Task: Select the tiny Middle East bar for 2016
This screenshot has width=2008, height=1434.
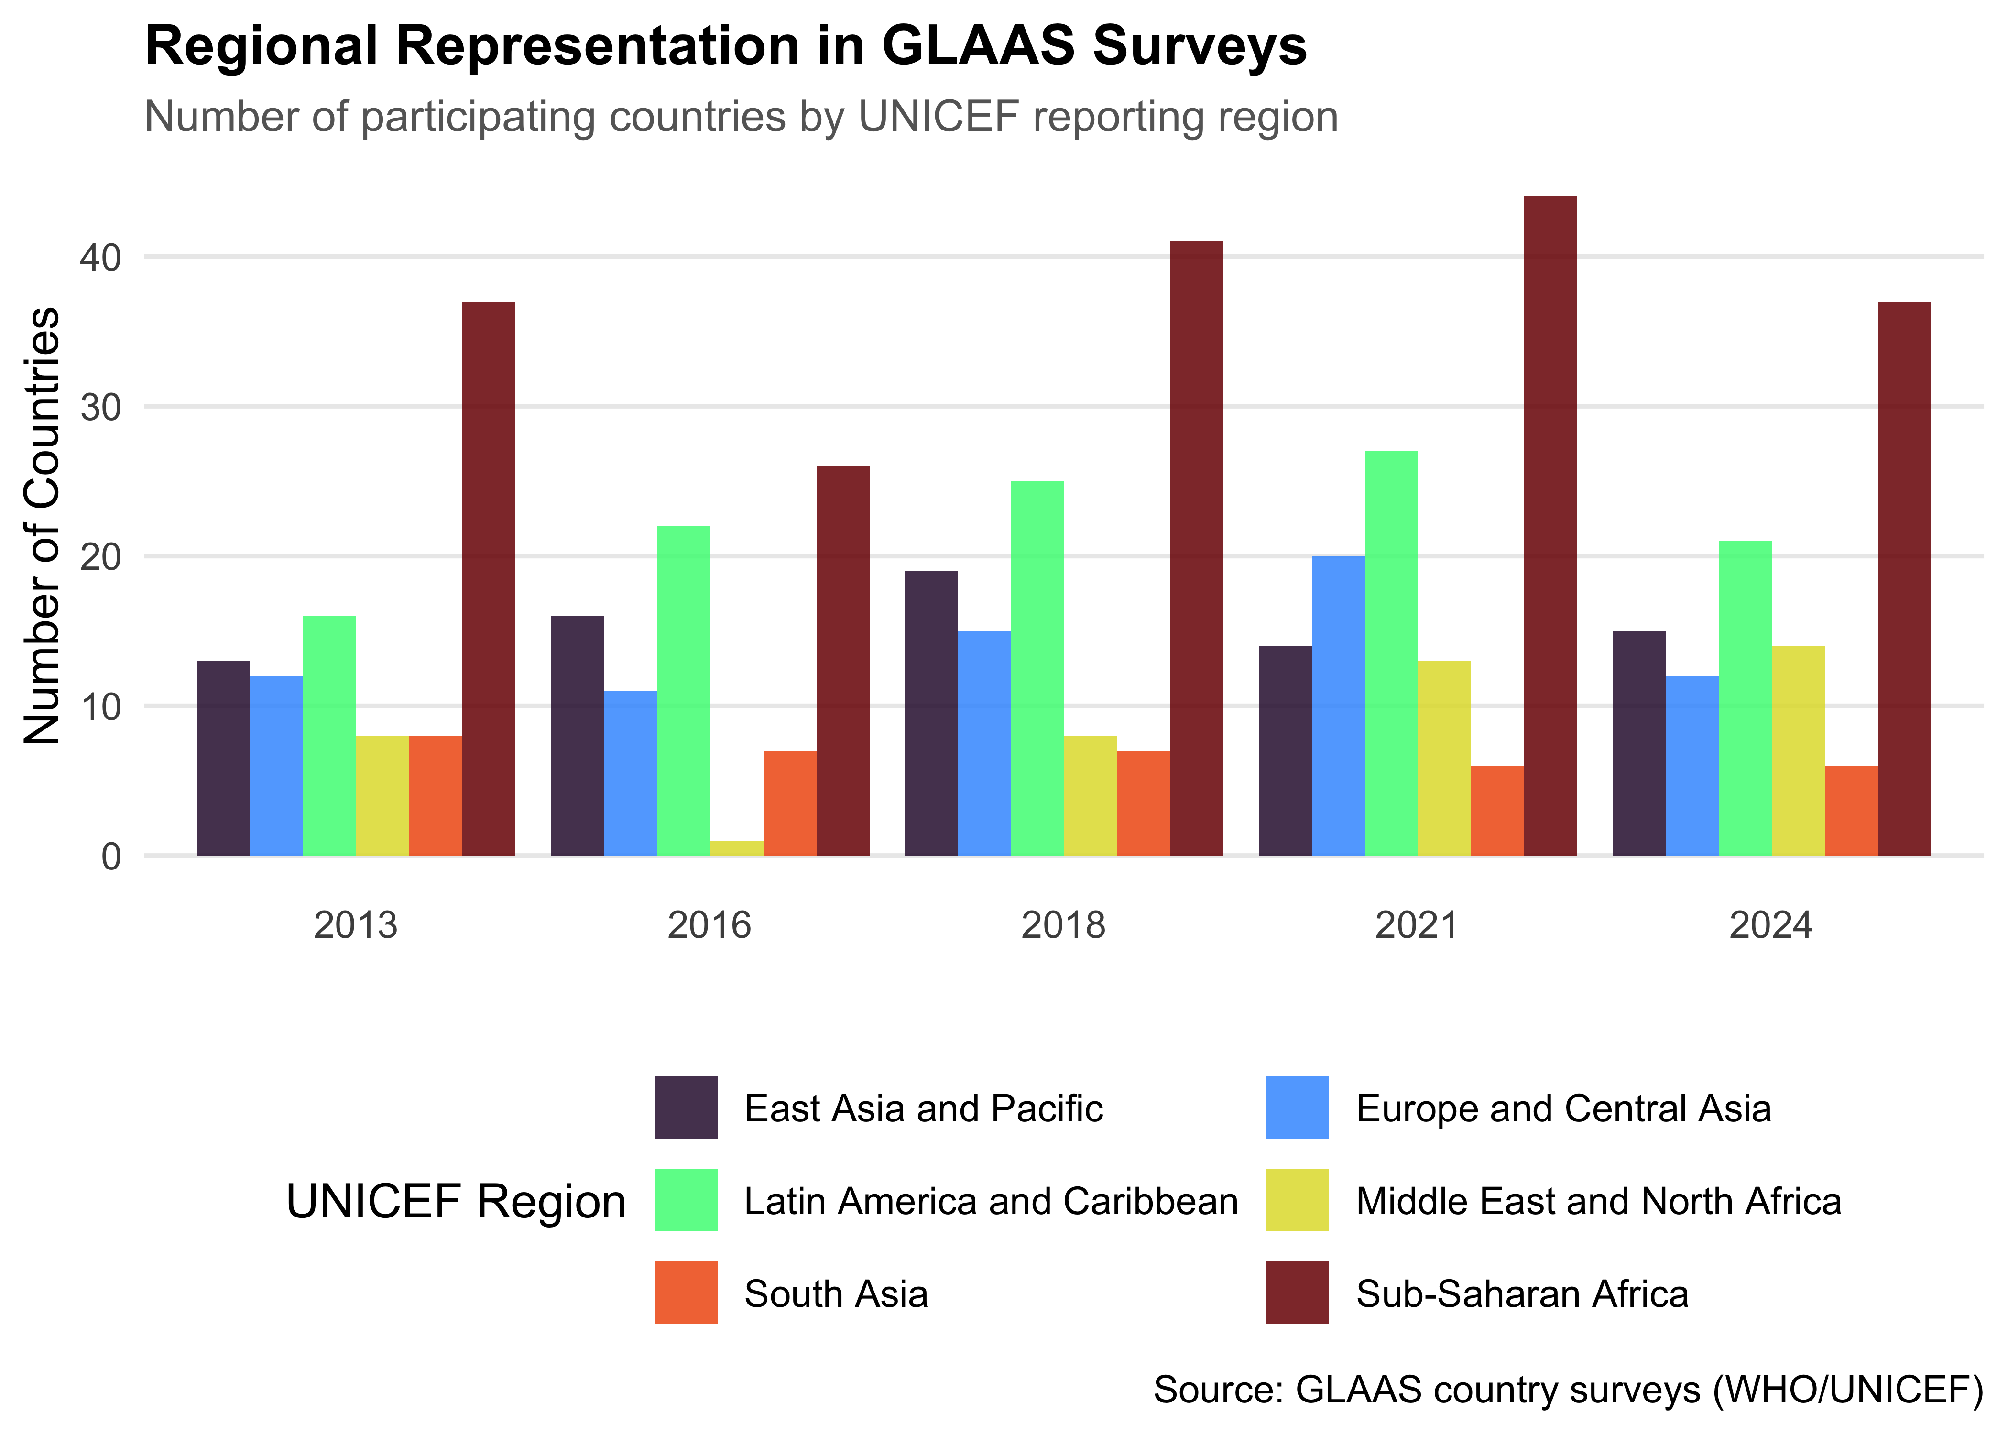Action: (736, 847)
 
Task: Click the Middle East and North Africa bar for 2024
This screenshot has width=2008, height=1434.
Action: (1798, 750)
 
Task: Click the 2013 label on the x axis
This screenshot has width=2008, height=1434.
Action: (356, 925)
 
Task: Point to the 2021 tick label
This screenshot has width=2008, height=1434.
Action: (1417, 925)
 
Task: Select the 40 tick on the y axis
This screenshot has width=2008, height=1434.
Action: (100, 258)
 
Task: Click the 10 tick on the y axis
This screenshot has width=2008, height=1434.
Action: (100, 706)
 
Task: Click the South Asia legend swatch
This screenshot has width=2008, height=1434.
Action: (685, 1293)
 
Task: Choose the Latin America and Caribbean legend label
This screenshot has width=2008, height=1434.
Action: (991, 1201)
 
